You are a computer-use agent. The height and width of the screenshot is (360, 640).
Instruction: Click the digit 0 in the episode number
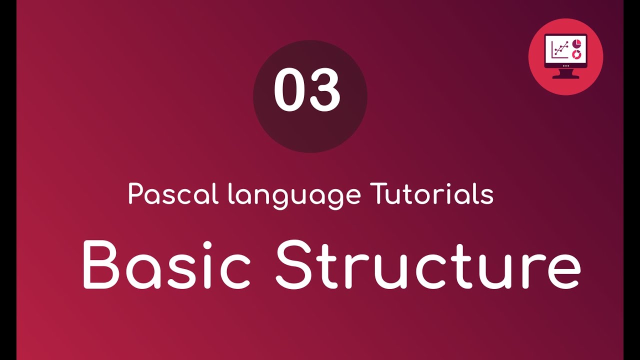click(289, 90)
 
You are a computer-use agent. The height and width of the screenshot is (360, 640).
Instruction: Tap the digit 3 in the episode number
click(325, 90)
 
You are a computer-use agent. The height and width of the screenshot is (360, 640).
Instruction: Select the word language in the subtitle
click(293, 196)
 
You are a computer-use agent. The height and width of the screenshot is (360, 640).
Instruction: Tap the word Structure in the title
click(428, 264)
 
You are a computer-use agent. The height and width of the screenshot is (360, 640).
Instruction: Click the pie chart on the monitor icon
click(576, 41)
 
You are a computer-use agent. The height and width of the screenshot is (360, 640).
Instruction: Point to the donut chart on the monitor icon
click(576, 53)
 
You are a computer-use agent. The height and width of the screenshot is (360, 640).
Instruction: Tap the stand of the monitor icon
click(565, 74)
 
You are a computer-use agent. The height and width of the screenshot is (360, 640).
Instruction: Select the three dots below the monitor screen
click(565, 65)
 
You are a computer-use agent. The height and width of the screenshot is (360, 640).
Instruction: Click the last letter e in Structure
click(563, 270)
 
